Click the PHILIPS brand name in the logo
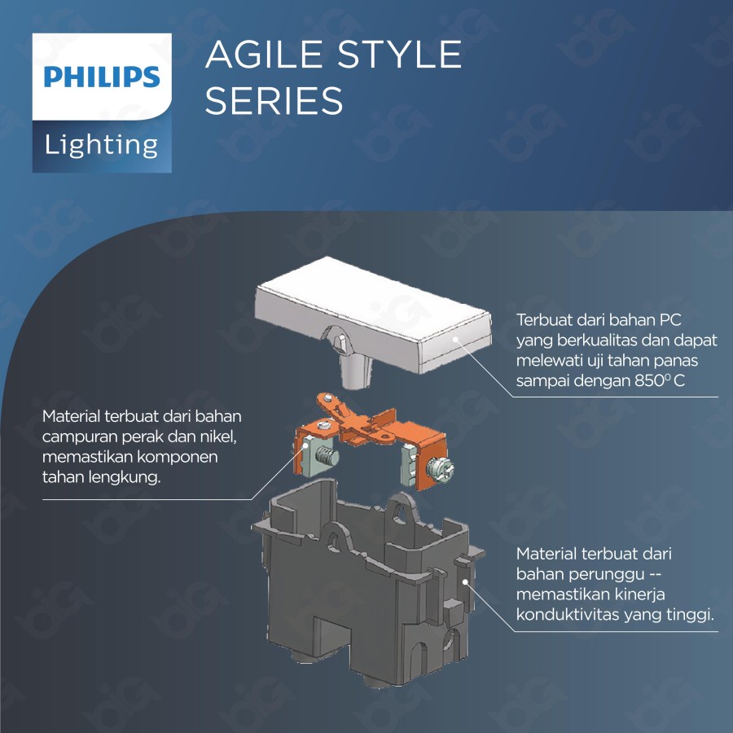(102, 77)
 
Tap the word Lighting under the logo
(102, 145)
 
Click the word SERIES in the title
(274, 101)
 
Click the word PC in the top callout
(669, 318)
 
